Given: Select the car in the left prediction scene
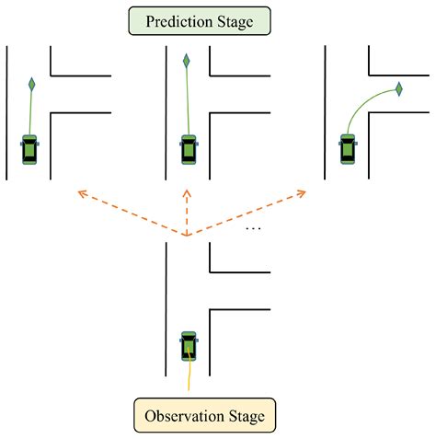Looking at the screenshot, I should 31,149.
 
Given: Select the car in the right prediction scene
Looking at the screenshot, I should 348,148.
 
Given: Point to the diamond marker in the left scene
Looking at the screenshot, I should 31,85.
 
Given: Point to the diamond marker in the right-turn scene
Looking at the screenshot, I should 399,88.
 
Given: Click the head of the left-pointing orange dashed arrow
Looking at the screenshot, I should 80,192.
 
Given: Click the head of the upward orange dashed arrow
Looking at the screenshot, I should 187,192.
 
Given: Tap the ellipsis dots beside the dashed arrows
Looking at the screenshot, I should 254,227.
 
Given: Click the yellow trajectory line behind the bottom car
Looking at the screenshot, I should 188,375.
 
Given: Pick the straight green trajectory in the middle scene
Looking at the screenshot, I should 188,101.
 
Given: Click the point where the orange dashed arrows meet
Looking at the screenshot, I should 187,237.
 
